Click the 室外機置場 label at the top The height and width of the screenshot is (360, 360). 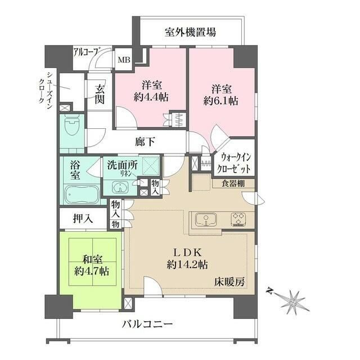click(x=191, y=32)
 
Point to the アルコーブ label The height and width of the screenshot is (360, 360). click(x=86, y=52)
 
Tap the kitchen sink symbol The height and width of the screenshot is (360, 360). click(x=205, y=219)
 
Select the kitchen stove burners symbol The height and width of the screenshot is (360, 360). click(x=239, y=219)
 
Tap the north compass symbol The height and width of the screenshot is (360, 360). click(x=292, y=299)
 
